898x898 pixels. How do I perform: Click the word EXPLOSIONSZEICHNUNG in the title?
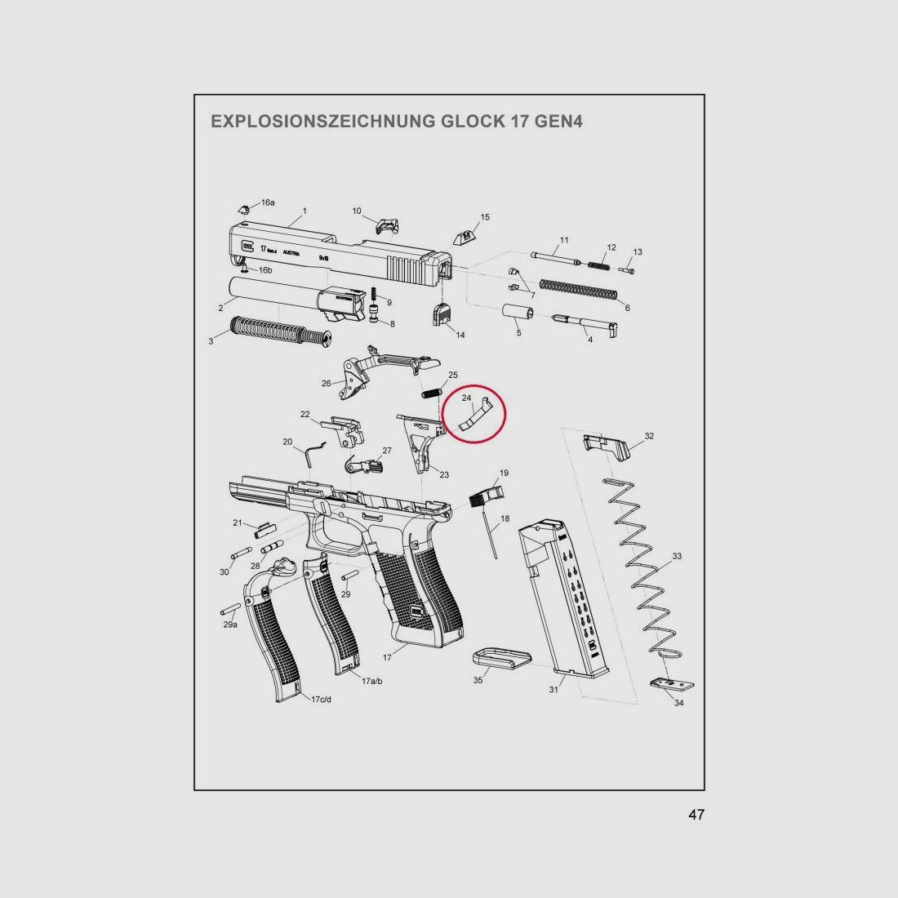click(322, 122)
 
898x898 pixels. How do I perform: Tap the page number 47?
click(696, 815)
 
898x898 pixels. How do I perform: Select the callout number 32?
click(649, 437)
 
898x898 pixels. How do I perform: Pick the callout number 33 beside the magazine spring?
click(677, 556)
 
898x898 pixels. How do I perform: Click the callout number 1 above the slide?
click(305, 211)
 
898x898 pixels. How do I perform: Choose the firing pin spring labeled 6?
click(578, 289)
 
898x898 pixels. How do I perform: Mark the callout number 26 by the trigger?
click(326, 383)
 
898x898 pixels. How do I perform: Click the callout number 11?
click(564, 240)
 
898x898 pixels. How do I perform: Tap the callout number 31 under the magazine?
click(553, 690)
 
